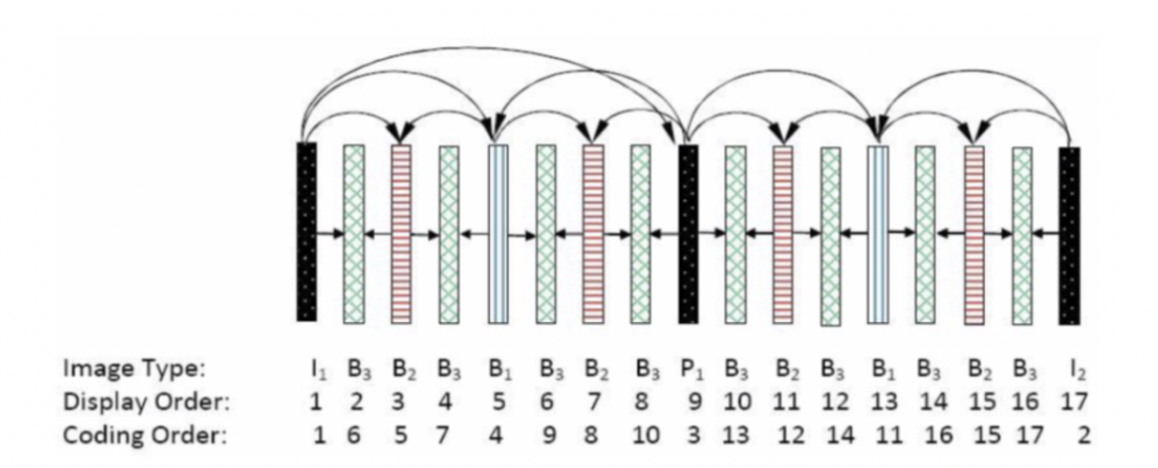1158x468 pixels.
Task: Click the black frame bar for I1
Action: [307, 231]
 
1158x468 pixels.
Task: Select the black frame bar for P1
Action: [688, 233]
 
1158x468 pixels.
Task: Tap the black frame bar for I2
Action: [1069, 235]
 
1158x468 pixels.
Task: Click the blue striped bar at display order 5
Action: [498, 233]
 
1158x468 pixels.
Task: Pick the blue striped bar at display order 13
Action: [877, 234]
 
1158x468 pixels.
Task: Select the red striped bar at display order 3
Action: [401, 233]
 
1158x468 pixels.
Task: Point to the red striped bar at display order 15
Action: [974, 234]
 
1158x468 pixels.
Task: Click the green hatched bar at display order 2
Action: [354, 234]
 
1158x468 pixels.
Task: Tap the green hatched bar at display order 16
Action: [1021, 235]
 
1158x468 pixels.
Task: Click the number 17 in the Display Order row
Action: [1077, 402]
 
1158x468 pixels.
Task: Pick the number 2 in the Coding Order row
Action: [1083, 435]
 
